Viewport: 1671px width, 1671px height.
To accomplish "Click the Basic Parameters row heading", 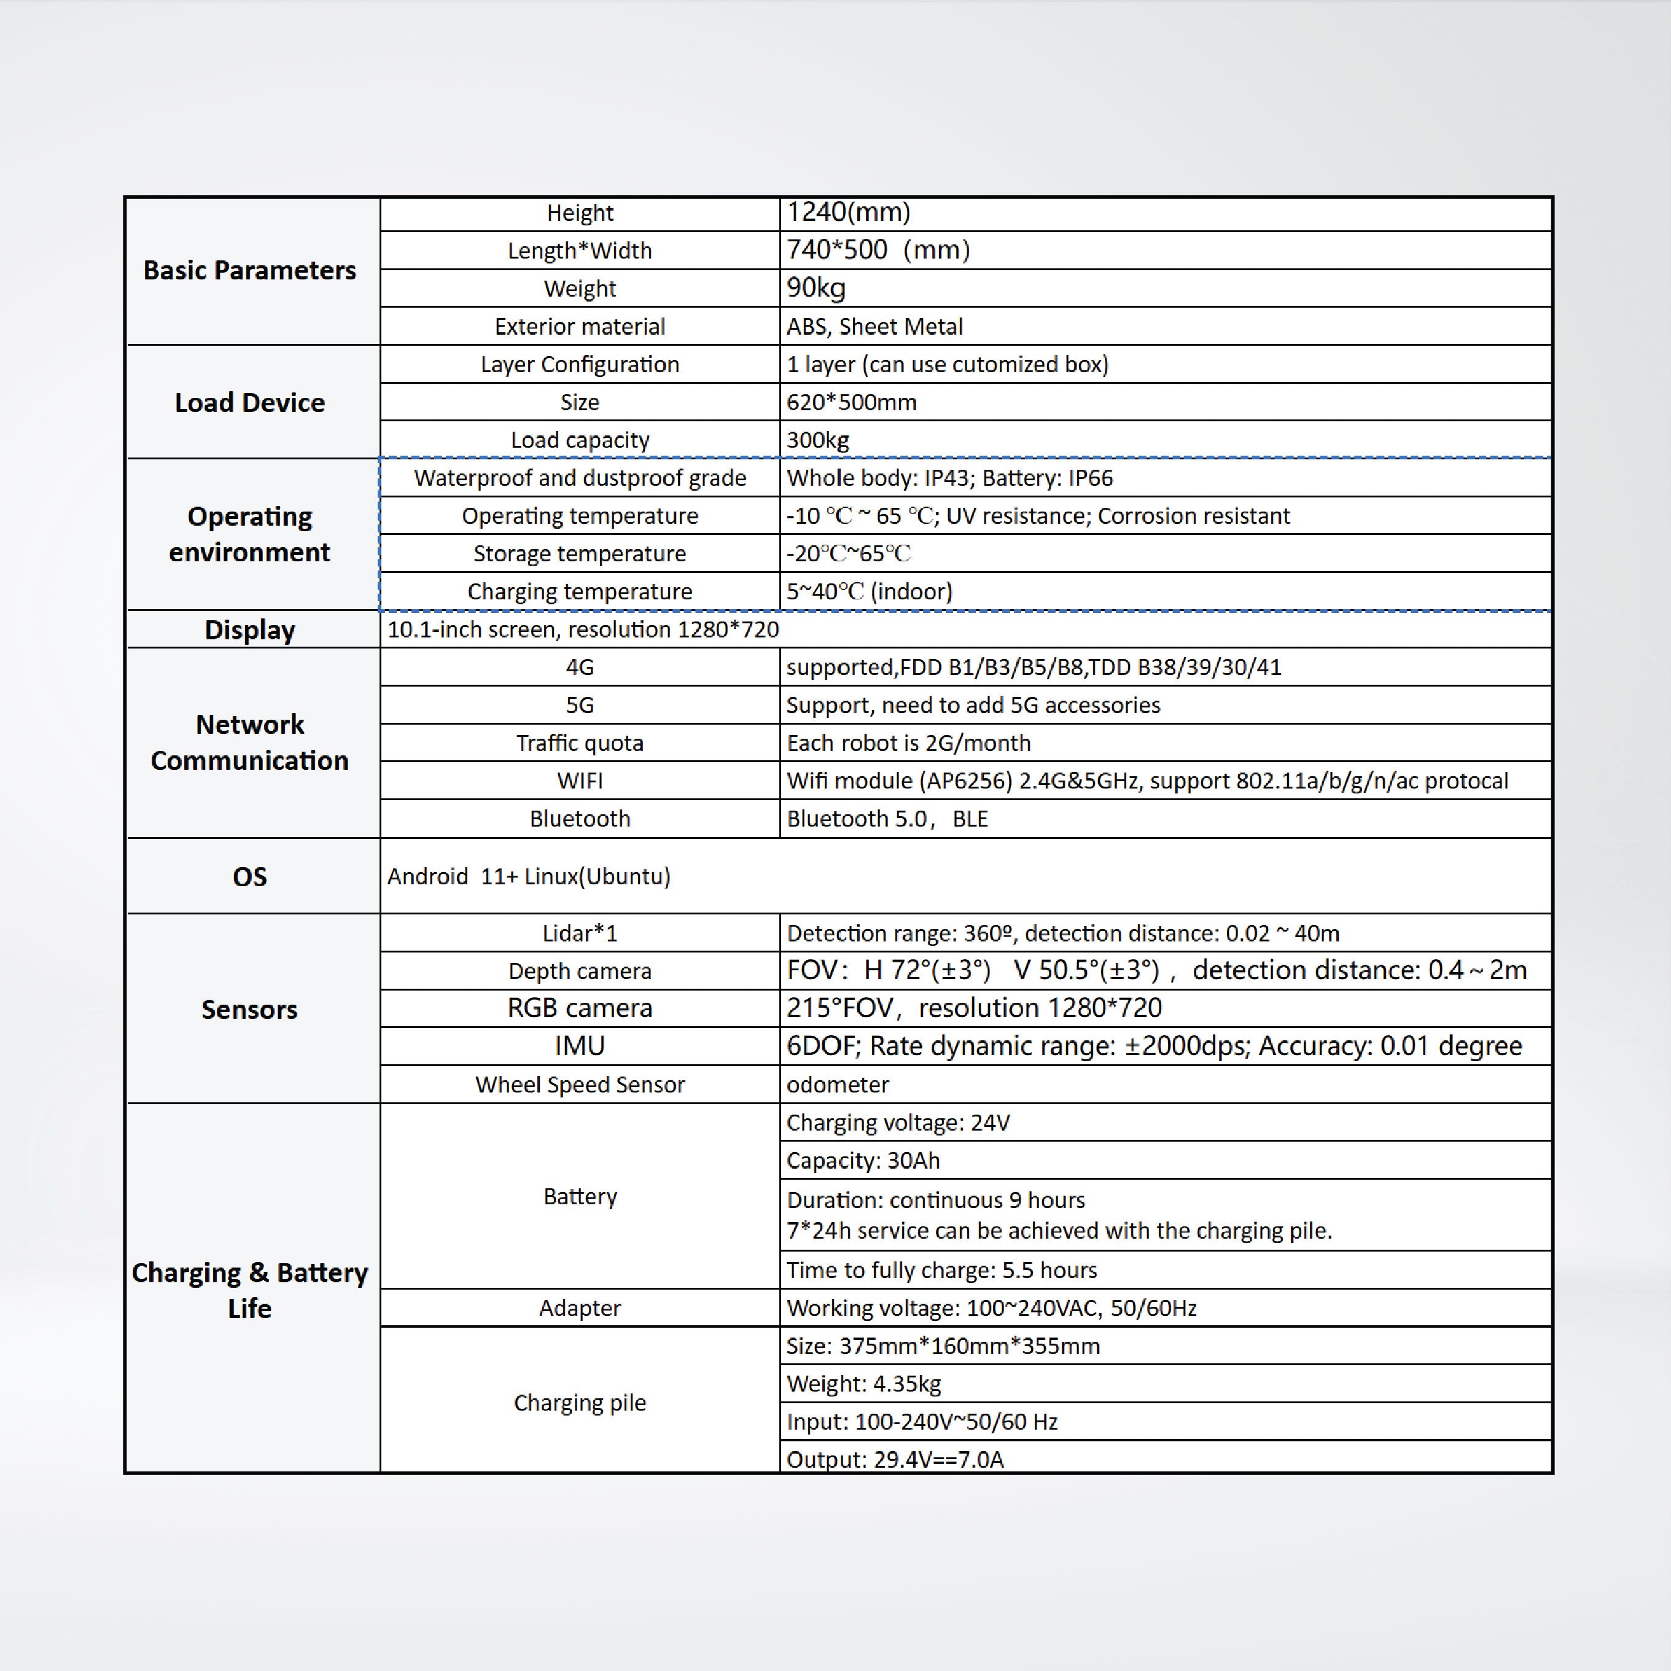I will point(249,271).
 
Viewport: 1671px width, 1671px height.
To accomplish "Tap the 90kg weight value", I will point(816,288).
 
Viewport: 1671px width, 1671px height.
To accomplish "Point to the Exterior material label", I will point(580,326).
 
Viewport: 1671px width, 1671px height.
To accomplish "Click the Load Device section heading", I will point(249,402).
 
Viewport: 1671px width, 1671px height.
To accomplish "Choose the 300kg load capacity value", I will point(817,440).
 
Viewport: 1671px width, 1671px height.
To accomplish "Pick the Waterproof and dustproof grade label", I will point(580,478).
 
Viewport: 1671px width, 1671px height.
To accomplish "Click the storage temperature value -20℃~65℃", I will point(847,553).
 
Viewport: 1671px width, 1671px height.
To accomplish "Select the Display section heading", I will point(249,629).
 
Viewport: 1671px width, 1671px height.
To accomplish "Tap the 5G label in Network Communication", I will point(580,705).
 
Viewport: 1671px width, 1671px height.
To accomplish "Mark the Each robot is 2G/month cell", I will point(908,743).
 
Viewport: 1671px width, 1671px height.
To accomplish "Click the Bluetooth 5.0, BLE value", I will point(887,819).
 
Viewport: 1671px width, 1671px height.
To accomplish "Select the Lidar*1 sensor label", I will point(580,933).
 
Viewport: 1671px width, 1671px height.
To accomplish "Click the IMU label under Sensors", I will point(580,1046).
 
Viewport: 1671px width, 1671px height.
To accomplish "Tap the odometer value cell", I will point(837,1085).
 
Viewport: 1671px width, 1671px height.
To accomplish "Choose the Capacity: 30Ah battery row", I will point(862,1161).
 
